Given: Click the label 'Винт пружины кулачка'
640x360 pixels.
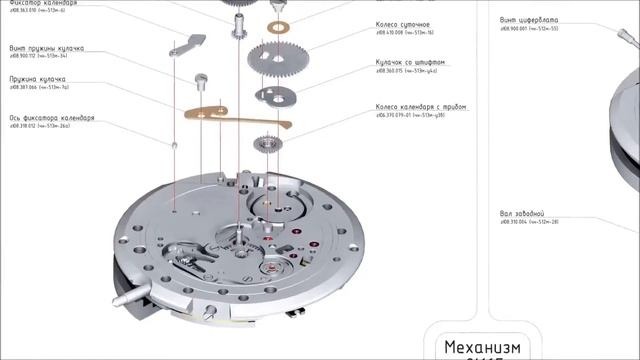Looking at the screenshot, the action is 47,47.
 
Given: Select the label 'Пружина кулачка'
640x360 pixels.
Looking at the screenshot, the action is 38,77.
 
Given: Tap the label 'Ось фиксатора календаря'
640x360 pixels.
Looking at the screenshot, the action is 52,117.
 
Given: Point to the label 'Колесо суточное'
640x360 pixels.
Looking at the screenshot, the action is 404,22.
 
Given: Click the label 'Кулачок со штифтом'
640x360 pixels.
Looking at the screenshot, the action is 410,61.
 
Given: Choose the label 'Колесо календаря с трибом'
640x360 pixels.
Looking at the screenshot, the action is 421,106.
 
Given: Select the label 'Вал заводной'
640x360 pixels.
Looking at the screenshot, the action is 522,213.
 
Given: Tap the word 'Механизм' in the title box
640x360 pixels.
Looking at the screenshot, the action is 484,346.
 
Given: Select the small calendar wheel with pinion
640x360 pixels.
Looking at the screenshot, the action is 269,146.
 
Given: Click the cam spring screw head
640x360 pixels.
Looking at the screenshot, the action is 202,74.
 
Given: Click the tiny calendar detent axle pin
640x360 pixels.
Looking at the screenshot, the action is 175,146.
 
